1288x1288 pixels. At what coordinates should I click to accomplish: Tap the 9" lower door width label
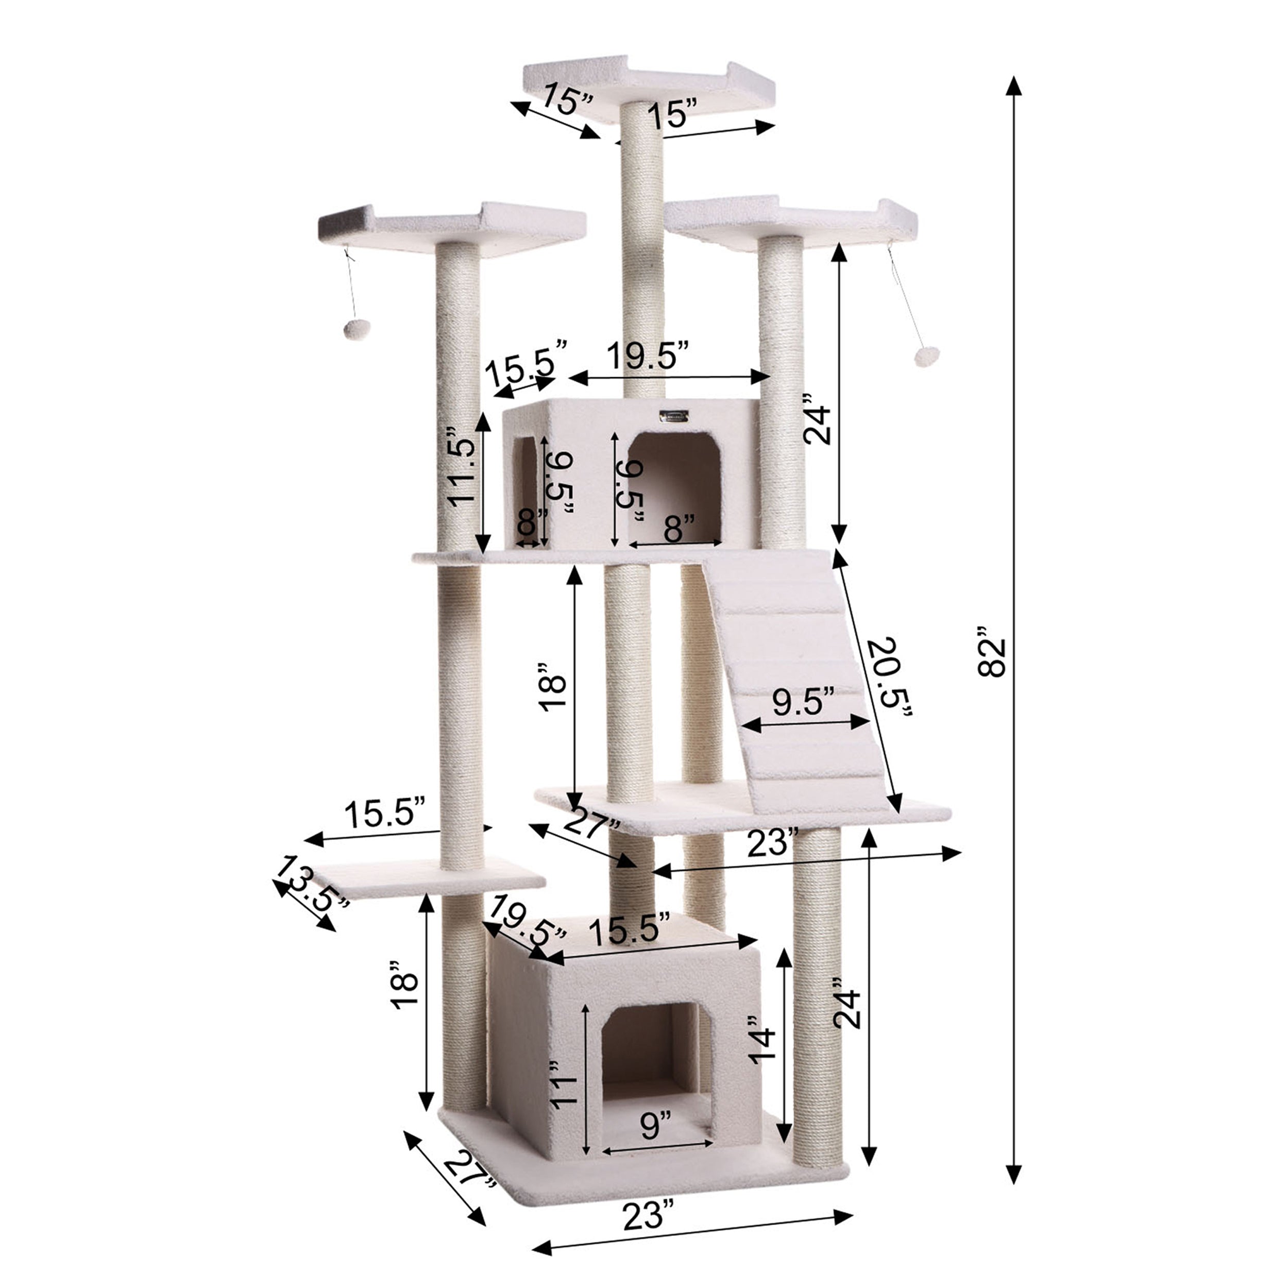click(x=655, y=1125)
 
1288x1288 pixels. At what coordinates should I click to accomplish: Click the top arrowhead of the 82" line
click(x=1014, y=87)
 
